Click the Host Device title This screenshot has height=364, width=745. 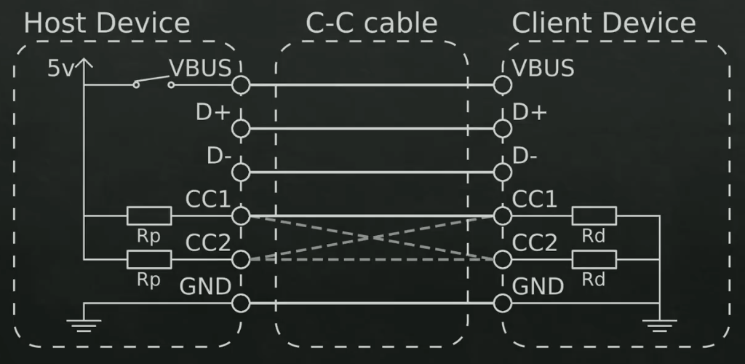coord(107,23)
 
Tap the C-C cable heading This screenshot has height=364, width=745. coord(372,23)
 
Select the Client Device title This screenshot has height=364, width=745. coord(604,23)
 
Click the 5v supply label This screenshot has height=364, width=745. coord(60,69)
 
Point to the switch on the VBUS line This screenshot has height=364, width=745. coord(154,82)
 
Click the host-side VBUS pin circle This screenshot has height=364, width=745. coord(241,85)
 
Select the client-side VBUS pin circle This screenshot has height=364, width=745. coord(502,85)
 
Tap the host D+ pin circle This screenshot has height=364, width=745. coord(241,129)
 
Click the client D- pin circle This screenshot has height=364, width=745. coord(502,173)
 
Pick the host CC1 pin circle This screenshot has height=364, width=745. coord(241,215)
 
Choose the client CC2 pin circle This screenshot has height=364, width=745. coord(502,259)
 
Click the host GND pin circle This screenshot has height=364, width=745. coord(241,303)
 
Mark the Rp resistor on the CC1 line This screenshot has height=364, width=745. coord(149,215)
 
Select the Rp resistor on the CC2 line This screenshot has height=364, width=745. coord(149,259)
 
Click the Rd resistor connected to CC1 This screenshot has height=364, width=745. coord(594,215)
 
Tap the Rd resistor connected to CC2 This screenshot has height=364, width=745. coord(594,259)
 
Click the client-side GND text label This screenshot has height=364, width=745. coord(538,287)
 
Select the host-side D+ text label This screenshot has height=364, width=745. coord(212,113)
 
